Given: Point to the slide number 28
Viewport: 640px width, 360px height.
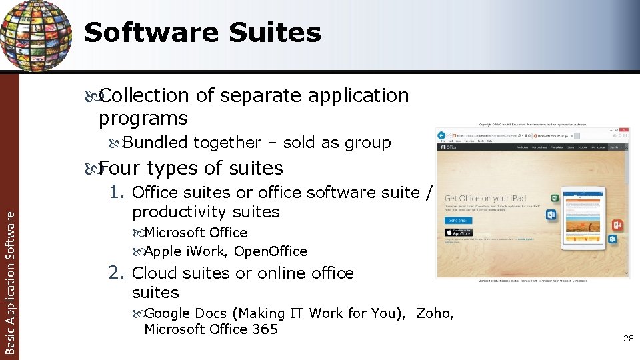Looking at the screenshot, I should [x=628, y=339].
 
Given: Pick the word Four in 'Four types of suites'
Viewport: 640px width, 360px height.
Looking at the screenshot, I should [x=120, y=168].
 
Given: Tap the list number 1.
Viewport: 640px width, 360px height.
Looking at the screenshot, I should [x=118, y=193].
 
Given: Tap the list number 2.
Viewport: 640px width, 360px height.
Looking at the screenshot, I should [x=118, y=273].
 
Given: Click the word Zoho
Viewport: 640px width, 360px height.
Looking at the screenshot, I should [x=434, y=313].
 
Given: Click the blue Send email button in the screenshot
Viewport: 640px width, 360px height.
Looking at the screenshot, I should [x=458, y=220].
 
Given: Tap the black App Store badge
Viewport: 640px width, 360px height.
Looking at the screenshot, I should [x=458, y=232].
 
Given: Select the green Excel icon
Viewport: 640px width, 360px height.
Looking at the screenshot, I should [x=554, y=198].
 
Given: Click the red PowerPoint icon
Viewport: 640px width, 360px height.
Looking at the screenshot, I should [x=617, y=225].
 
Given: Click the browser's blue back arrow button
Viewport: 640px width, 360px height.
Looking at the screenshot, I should [x=441, y=135].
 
